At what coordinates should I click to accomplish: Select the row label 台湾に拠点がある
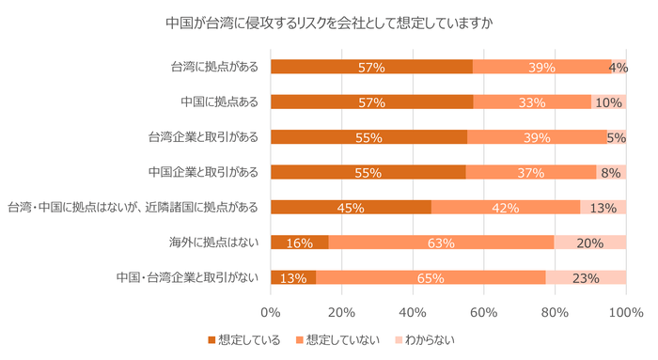point(216,67)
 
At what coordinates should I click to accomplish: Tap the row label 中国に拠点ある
point(221,102)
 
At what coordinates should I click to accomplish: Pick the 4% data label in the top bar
point(619,67)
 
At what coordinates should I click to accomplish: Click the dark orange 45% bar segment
point(351,207)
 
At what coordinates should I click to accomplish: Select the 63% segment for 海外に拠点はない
point(441,243)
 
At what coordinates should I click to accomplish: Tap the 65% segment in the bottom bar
point(431,277)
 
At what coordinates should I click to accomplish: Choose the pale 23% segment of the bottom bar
point(586,277)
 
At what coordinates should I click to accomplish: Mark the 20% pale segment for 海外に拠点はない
point(590,243)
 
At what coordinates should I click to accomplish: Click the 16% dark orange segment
point(299,243)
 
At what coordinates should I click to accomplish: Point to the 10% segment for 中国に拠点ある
point(609,102)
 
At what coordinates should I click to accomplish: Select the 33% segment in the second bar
point(532,102)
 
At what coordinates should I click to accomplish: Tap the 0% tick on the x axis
point(271,311)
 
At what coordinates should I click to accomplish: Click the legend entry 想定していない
point(333,339)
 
